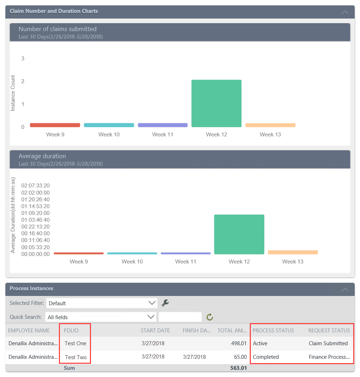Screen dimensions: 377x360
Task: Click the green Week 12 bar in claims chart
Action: [x=216, y=103]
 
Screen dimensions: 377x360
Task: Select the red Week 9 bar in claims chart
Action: [x=55, y=125]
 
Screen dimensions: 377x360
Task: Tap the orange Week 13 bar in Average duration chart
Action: [x=293, y=252]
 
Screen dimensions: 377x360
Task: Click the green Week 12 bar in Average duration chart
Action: [x=239, y=234]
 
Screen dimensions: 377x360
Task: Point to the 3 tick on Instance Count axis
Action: [x=23, y=59]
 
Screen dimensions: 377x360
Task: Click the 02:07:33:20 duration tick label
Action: [x=35, y=186]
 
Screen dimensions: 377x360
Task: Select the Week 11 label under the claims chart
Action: [x=163, y=135]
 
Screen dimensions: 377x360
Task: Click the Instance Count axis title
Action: [x=13, y=93]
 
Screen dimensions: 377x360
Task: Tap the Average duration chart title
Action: [x=42, y=156]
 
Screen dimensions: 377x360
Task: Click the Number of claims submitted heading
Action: [x=57, y=29]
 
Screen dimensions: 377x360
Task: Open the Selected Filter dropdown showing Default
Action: [x=102, y=303]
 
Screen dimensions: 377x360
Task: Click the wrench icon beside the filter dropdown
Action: [x=165, y=303]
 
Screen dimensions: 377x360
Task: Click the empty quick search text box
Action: [x=180, y=317]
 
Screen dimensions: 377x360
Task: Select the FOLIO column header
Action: [x=71, y=331]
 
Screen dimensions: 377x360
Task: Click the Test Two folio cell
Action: [x=76, y=357]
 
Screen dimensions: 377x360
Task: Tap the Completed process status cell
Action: [x=266, y=357]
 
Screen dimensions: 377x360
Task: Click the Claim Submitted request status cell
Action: [x=328, y=343]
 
